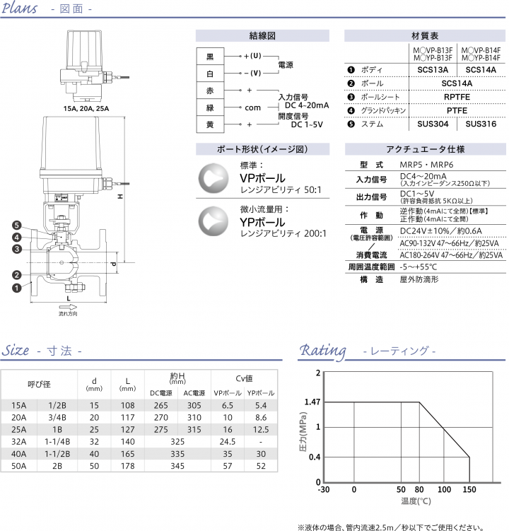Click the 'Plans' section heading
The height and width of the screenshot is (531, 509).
(x=22, y=10)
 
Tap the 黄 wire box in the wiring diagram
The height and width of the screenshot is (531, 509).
(x=209, y=124)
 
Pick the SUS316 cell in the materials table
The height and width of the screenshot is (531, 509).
(x=481, y=124)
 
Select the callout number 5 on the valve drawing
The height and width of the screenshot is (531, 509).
(x=16, y=225)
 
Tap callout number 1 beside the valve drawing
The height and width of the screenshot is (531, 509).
(x=16, y=287)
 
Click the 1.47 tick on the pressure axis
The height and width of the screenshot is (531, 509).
(x=312, y=402)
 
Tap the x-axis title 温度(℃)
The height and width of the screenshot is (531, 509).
(x=416, y=501)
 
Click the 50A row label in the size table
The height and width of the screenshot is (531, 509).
(x=18, y=467)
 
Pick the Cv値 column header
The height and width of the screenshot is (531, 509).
(x=244, y=378)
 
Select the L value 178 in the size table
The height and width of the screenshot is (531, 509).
(x=127, y=467)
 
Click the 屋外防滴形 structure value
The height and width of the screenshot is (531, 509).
(x=420, y=279)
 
